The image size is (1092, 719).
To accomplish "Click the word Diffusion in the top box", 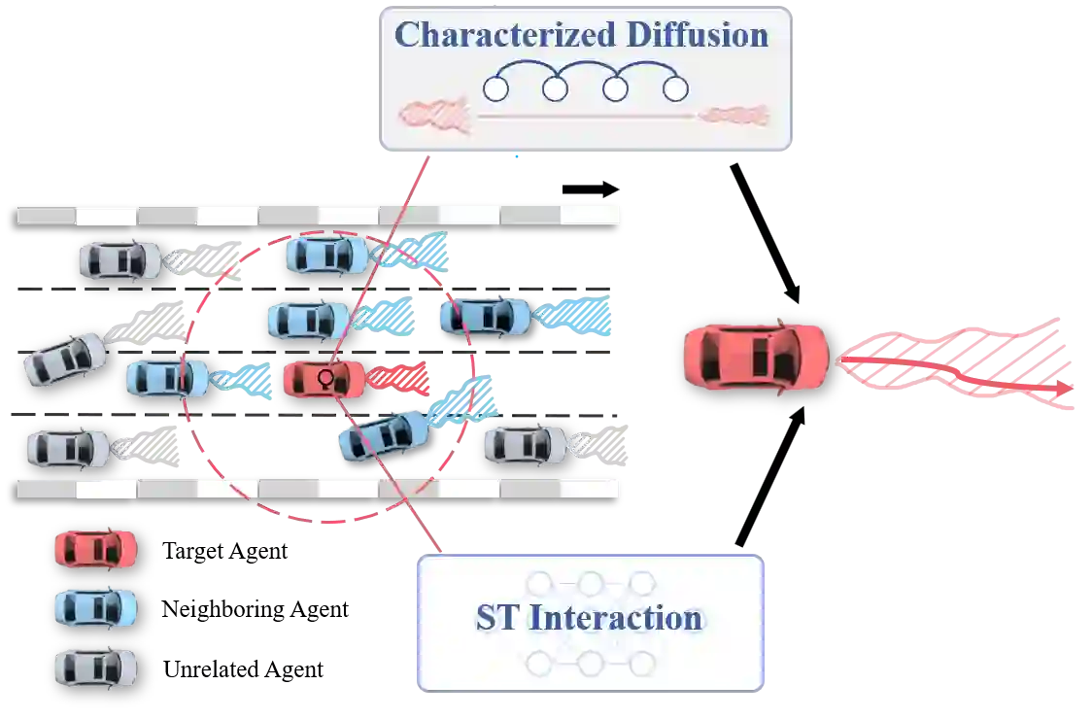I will pos(696,35).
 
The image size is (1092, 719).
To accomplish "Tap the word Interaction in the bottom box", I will pos(616,619).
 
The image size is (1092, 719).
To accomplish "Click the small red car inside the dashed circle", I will pos(324,378).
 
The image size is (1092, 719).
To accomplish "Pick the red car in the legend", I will pos(94,549).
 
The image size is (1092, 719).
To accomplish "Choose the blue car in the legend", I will pos(94,608).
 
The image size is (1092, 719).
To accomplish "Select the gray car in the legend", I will pos(94,668).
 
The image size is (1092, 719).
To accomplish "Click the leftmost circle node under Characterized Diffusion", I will pos(495,89).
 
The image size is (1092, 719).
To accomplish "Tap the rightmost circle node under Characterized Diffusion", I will pos(675,89).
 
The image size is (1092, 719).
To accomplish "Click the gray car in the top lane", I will pos(119,259).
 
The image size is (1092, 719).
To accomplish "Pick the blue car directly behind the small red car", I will pos(167,378).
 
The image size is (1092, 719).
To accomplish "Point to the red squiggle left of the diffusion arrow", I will pos(435,116).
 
